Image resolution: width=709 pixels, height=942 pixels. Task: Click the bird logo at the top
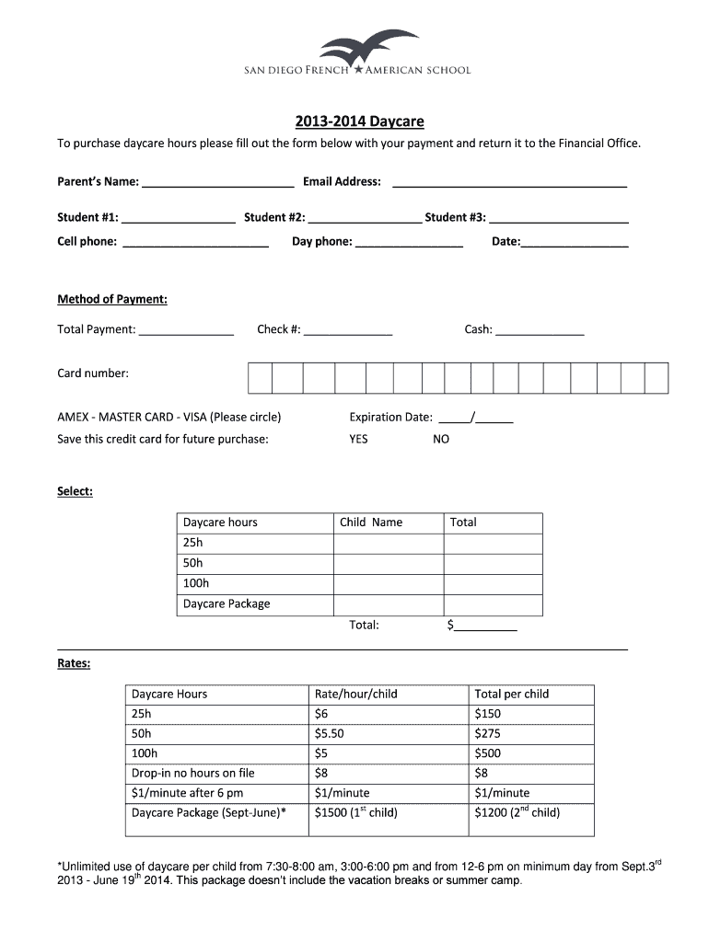tap(368, 47)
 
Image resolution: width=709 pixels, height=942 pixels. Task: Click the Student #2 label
tap(274, 217)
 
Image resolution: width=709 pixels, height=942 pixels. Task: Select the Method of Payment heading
tap(112, 299)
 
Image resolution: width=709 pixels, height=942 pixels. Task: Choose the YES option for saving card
tap(358, 439)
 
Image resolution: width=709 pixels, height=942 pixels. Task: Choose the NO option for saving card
tap(441, 439)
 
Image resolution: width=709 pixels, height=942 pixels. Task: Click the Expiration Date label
tap(390, 417)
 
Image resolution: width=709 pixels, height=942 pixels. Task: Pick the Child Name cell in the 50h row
tap(388, 563)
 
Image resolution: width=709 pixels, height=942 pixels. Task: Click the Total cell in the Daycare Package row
tap(493, 604)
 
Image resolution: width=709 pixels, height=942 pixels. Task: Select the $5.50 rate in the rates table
tap(329, 734)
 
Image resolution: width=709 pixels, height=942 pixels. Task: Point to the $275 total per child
tap(487, 734)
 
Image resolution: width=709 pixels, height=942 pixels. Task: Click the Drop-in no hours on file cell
tap(193, 773)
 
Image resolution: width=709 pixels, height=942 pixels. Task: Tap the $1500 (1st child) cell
tap(355, 812)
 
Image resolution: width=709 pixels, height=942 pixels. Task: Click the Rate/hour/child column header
tap(355, 694)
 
